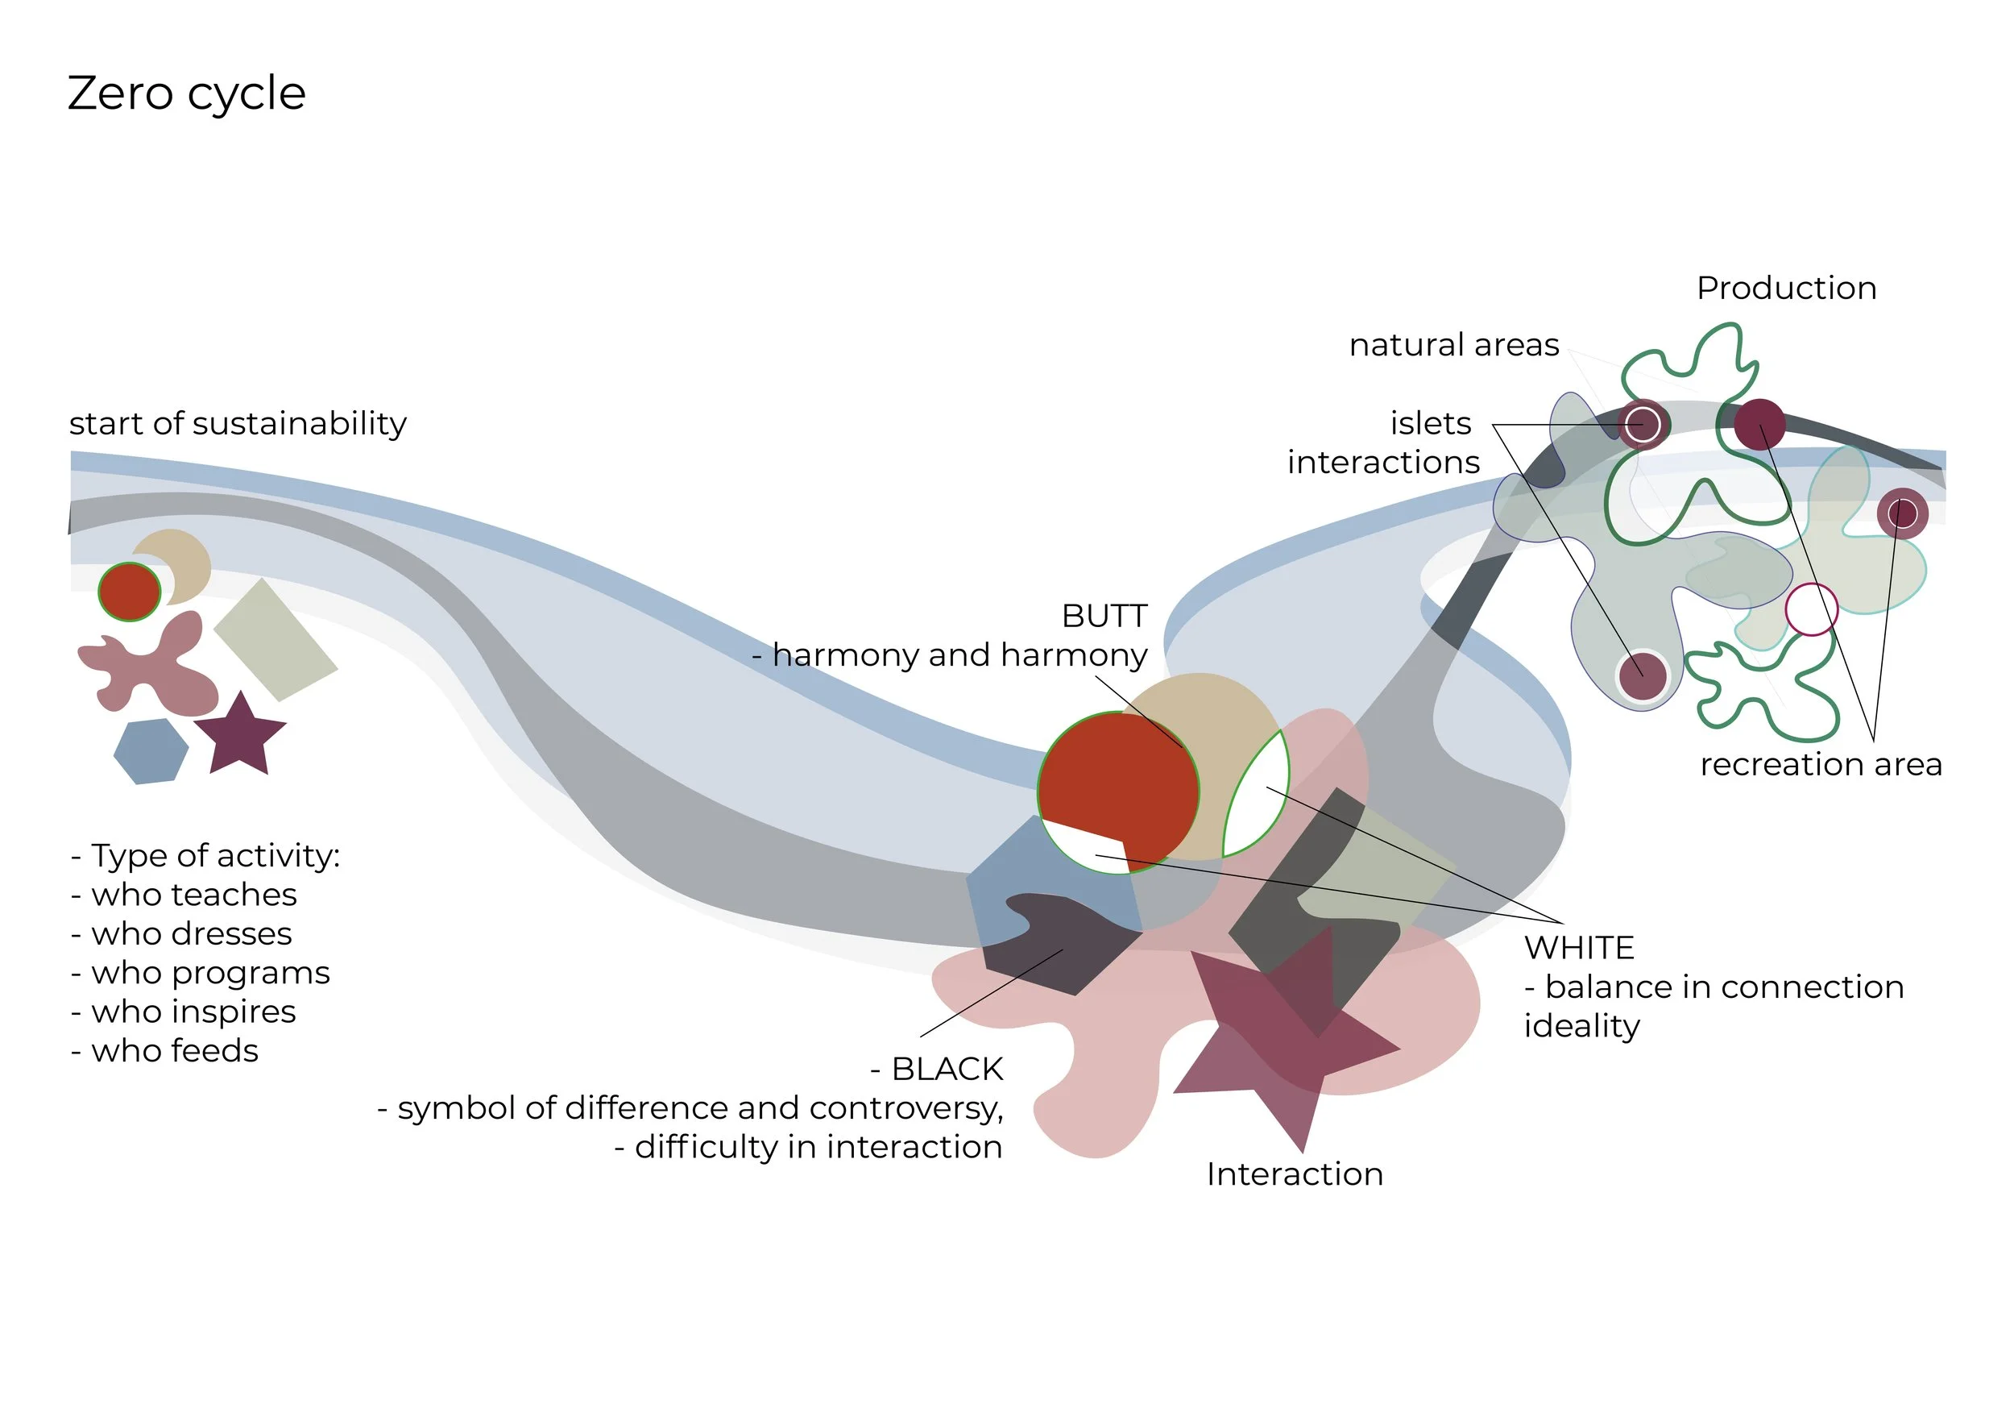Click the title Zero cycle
(186, 93)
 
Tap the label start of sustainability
(238, 424)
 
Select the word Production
(1786, 289)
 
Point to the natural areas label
(1453, 345)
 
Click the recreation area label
(1820, 764)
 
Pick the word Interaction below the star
(1294, 1174)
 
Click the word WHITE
(1579, 948)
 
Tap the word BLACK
(947, 1069)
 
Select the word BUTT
(1104, 616)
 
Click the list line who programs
(209, 972)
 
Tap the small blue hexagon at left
(151, 751)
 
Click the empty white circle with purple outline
(1810, 609)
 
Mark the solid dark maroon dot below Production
(1759, 424)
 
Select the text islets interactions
(1384, 443)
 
